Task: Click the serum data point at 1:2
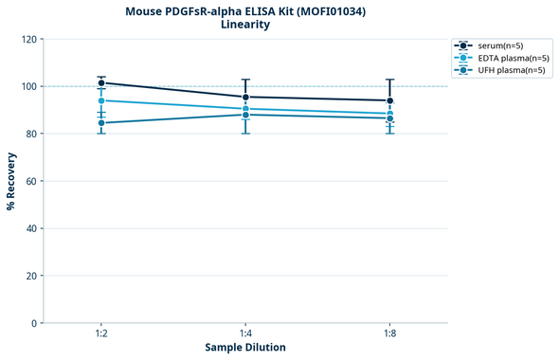pyautogui.click(x=101, y=83)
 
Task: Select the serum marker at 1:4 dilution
pyautogui.click(x=245, y=97)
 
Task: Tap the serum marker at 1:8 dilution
pyautogui.click(x=390, y=100)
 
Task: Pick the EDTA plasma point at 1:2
pyautogui.click(x=101, y=100)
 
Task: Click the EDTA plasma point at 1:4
pyautogui.click(x=245, y=109)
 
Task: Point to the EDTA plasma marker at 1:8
pyautogui.click(x=390, y=114)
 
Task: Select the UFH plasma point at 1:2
pyautogui.click(x=101, y=123)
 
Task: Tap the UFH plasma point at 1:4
pyautogui.click(x=245, y=115)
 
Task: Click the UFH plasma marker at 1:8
pyautogui.click(x=390, y=118)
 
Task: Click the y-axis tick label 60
pyautogui.click(x=29, y=181)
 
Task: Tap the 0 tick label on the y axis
pyautogui.click(x=33, y=323)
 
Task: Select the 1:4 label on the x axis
pyautogui.click(x=245, y=334)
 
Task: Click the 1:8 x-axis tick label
pyautogui.click(x=390, y=334)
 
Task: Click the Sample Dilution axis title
pyautogui.click(x=245, y=348)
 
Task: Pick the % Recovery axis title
pyautogui.click(x=10, y=181)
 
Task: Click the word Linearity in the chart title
pyautogui.click(x=245, y=25)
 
